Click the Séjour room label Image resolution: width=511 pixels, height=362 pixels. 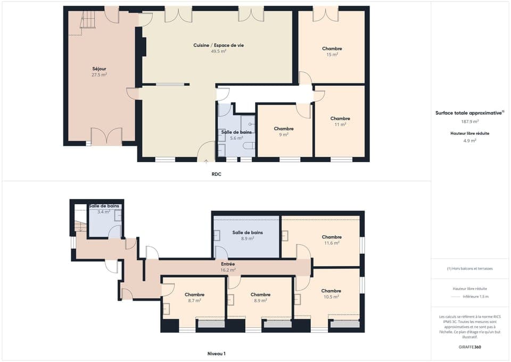(99, 69)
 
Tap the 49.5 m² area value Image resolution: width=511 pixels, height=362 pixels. (219, 52)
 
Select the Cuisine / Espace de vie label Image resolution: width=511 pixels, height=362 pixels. (219, 45)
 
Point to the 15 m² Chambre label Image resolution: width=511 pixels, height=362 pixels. (332, 49)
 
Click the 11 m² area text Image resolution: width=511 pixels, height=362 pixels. (340, 124)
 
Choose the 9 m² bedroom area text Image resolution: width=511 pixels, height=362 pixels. (284, 134)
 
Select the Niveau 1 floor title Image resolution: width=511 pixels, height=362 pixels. (216, 353)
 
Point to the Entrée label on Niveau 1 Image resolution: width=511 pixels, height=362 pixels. (228, 264)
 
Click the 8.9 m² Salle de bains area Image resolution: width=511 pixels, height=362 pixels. (248, 238)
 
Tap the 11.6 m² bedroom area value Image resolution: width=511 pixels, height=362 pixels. (332, 243)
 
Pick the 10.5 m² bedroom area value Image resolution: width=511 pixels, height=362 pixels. (331, 297)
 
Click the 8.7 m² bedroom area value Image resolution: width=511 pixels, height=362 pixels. (194, 301)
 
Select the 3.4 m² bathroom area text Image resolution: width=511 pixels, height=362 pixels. (104, 212)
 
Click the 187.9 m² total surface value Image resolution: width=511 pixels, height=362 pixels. (469, 121)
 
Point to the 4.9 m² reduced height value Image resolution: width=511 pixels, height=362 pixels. (469, 141)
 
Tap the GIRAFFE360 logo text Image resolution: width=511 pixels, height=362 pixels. (469, 347)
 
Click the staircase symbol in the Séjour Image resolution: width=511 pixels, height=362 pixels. (87, 21)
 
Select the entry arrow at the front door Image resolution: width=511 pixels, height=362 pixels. (207, 159)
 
